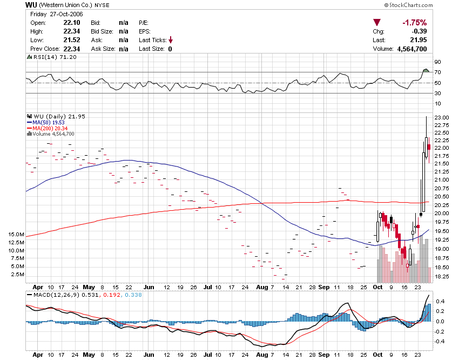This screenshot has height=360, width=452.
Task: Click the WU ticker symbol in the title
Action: click(31, 4)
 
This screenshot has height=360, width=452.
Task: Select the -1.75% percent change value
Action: click(414, 23)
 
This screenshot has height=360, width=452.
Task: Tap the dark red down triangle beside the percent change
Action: click(377, 23)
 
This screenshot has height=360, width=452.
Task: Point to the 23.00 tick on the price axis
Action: click(441, 117)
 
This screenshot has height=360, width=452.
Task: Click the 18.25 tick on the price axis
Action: click(441, 277)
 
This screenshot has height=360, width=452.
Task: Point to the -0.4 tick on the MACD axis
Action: click(439, 341)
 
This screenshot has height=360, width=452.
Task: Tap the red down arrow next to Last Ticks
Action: click(170, 40)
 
